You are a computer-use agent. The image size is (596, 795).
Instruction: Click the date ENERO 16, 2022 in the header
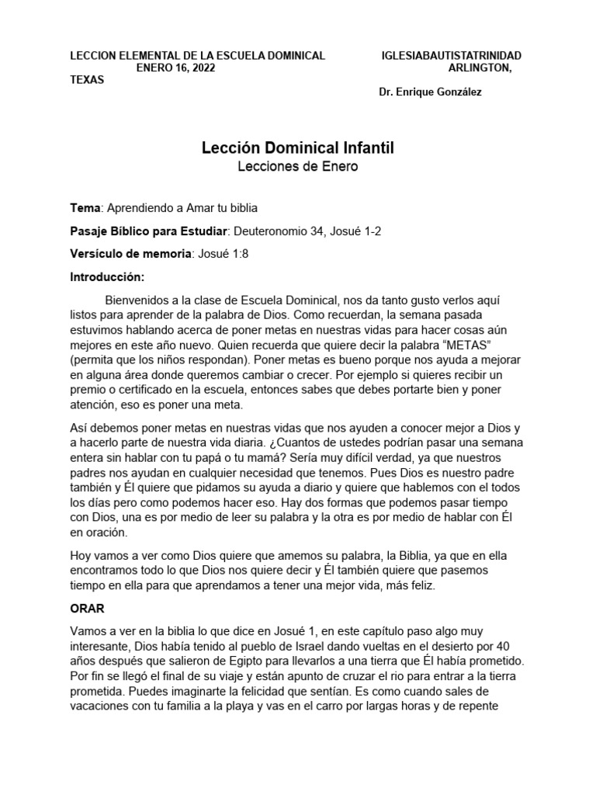(175, 68)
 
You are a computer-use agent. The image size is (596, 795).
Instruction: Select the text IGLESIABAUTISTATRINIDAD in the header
(452, 56)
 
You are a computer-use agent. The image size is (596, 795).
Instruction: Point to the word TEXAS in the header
(87, 80)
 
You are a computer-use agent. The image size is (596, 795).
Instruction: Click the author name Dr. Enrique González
(430, 92)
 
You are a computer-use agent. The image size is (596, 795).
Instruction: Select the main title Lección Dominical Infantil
(298, 148)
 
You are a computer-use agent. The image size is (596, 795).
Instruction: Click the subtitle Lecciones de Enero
(298, 167)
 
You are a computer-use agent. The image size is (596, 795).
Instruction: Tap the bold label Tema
(85, 209)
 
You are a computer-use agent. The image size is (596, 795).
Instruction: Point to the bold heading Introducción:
(108, 276)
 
